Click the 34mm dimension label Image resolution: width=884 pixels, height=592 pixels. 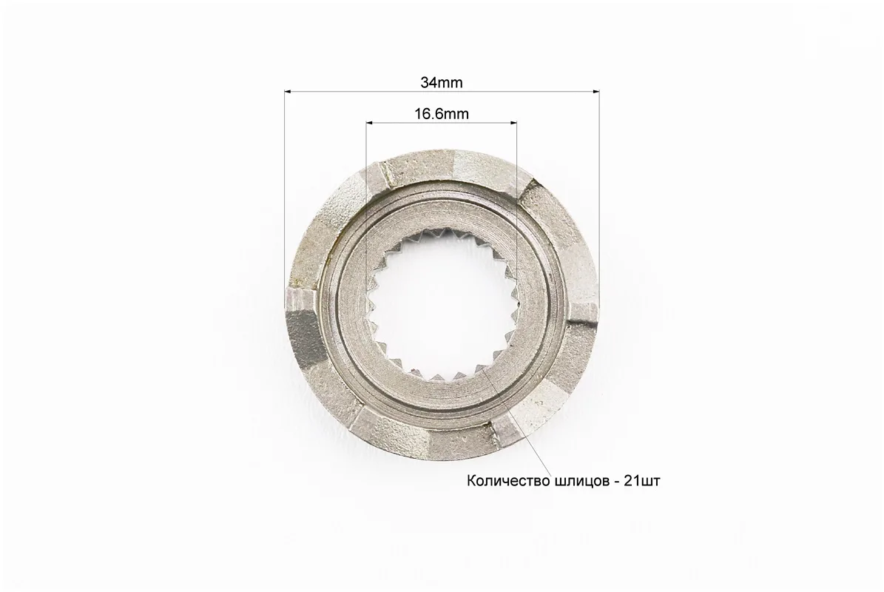coord(442,82)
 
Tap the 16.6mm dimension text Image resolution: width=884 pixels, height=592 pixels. coord(442,114)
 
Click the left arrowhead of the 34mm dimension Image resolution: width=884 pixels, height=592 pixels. coord(289,90)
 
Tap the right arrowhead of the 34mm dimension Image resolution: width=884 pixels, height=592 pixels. coord(595,90)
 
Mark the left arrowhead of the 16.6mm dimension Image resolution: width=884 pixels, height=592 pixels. coord(371,122)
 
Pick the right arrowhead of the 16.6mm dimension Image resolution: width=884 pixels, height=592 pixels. coord(512,122)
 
